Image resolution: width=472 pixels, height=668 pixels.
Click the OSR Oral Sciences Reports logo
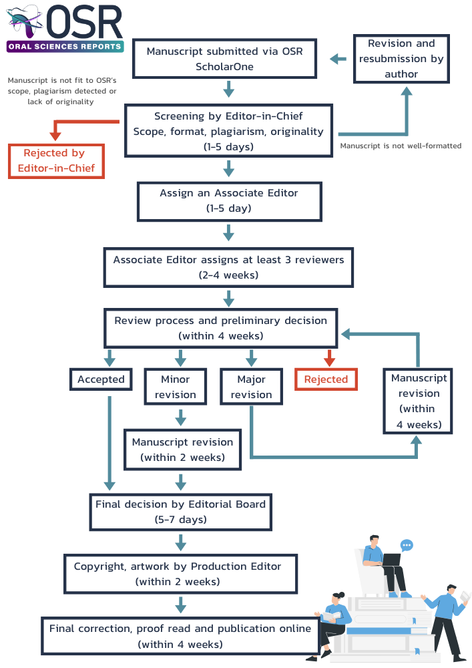(x=65, y=28)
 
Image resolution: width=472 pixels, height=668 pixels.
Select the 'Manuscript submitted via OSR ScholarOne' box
(x=225, y=59)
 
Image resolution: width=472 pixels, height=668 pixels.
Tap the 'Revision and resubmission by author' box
(x=401, y=59)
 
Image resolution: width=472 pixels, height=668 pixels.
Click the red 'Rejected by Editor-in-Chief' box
(x=56, y=161)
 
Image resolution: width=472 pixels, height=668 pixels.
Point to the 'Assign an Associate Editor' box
(x=229, y=202)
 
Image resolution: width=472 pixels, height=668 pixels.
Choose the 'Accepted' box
(x=101, y=379)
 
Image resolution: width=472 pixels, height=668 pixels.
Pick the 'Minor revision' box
(x=176, y=386)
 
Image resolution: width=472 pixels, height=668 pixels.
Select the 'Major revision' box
(x=251, y=386)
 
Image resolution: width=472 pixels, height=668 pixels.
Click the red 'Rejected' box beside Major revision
(x=326, y=379)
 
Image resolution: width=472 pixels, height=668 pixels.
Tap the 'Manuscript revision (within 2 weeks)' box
(x=182, y=450)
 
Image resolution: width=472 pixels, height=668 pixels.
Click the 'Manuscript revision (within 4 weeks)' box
(x=418, y=401)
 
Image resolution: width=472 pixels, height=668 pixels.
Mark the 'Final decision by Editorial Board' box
(x=180, y=512)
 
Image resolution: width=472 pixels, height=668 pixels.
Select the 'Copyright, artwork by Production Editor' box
(x=180, y=574)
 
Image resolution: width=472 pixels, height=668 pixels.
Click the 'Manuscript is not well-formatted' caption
(x=401, y=146)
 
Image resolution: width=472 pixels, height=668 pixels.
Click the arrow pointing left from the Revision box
(x=338, y=59)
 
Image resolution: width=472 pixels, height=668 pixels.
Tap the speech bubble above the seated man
(x=407, y=545)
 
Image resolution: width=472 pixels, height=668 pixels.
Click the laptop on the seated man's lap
(x=391, y=559)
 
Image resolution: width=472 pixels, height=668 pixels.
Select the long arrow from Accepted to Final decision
(x=109, y=443)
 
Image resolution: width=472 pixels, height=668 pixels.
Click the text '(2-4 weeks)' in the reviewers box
(x=228, y=275)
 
